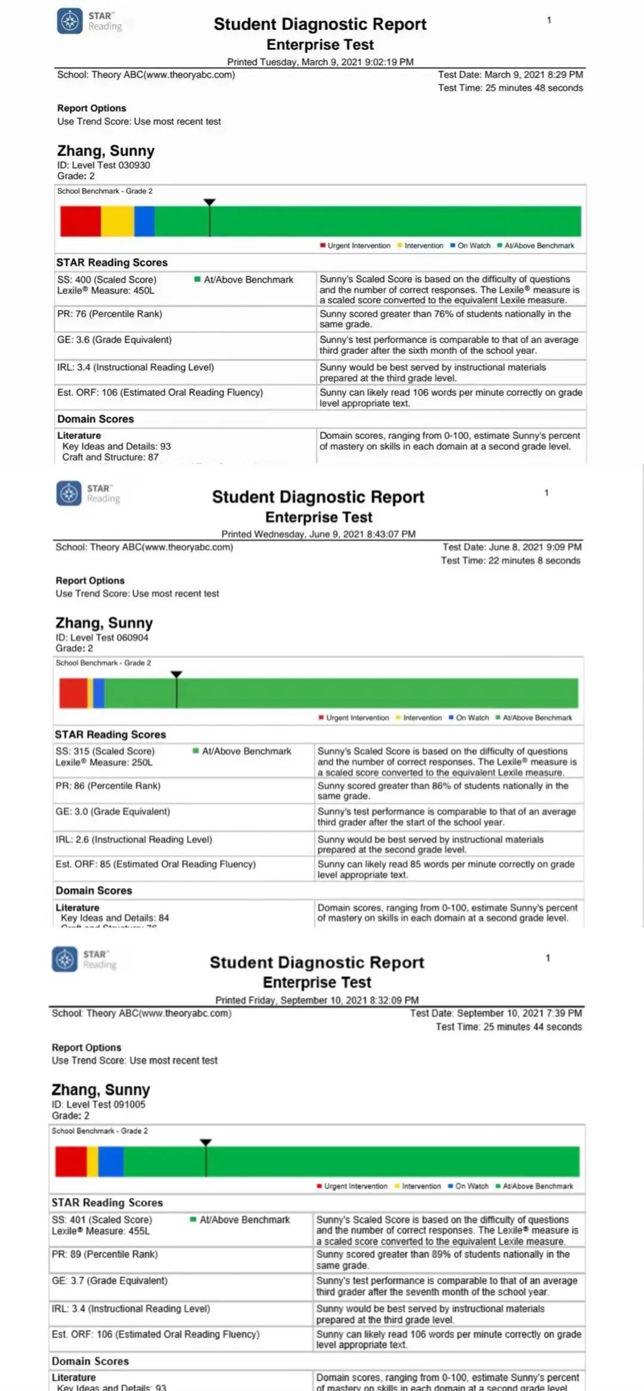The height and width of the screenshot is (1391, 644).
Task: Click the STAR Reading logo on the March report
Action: click(70, 21)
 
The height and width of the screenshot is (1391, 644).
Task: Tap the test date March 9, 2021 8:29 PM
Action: click(510, 75)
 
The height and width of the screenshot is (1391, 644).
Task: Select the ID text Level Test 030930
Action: click(111, 165)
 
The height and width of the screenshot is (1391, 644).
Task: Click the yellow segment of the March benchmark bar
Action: click(117, 221)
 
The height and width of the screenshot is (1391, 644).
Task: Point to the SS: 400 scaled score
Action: click(107, 279)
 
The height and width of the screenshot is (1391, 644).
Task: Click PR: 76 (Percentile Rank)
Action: click(110, 314)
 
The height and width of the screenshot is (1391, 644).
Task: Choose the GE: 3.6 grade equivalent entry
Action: click(114, 339)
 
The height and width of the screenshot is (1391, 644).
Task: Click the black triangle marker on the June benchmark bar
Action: click(177, 675)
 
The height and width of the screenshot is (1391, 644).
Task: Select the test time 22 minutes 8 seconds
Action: click(510, 561)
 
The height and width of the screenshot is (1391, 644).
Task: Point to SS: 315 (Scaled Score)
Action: click(105, 751)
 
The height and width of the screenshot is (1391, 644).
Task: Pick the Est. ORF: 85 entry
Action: click(156, 864)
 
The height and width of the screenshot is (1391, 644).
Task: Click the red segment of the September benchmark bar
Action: click(71, 1161)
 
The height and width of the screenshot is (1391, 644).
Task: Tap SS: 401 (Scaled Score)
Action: click(102, 1220)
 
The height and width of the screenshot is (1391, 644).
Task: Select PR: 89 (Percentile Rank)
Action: click(105, 1254)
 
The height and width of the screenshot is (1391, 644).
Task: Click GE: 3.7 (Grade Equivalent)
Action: click(110, 1280)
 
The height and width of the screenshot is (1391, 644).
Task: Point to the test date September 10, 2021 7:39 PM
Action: click(496, 1013)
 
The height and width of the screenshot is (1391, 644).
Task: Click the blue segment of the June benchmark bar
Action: click(99, 693)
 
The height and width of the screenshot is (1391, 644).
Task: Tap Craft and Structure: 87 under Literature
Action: click(110, 457)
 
